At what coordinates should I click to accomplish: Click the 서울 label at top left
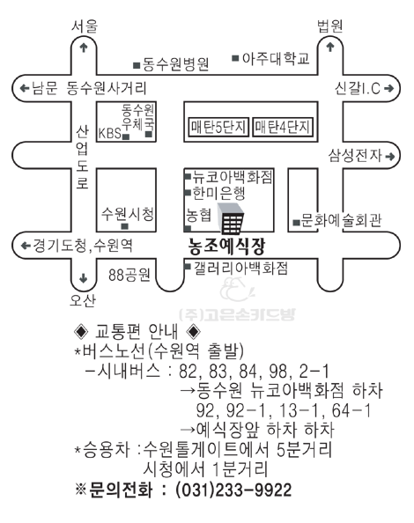pos(85,26)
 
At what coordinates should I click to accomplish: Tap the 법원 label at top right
pos(330,26)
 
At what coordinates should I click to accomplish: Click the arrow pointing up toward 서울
pos(84,48)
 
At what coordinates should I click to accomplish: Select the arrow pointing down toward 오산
pos(83,278)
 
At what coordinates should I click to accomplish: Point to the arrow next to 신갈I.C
pos(389,88)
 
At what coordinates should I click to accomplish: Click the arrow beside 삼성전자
pos(390,156)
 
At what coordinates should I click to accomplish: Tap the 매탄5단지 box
pos(218,127)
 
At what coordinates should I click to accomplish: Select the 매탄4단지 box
pos(283,127)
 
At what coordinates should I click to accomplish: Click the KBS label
pos(109,134)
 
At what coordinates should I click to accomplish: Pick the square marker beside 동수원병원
pos(137,65)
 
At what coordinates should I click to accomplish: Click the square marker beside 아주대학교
pos(235,58)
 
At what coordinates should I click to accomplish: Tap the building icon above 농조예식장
pos(231,219)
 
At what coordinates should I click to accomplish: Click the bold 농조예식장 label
pos(227,247)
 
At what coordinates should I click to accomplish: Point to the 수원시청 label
pos(128,214)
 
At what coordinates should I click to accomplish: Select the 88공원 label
pos(129,276)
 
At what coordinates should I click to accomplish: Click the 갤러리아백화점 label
pos(240,269)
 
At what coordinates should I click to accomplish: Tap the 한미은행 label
pos(218,194)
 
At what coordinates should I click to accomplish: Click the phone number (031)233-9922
pos(233,490)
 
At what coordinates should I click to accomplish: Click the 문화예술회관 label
pos(341,220)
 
